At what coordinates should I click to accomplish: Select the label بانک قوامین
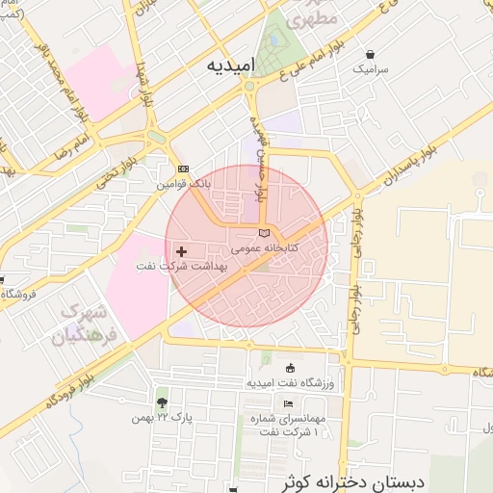point(182,182)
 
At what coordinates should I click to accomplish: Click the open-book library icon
point(265,234)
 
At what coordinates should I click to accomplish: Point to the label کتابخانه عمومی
point(265,247)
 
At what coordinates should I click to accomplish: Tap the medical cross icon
point(181,251)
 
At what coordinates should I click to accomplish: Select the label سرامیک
point(372,69)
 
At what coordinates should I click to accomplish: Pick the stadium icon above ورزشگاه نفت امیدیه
point(291,368)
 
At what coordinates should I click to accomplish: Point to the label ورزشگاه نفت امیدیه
point(290,383)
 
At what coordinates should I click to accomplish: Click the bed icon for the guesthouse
point(287,403)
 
